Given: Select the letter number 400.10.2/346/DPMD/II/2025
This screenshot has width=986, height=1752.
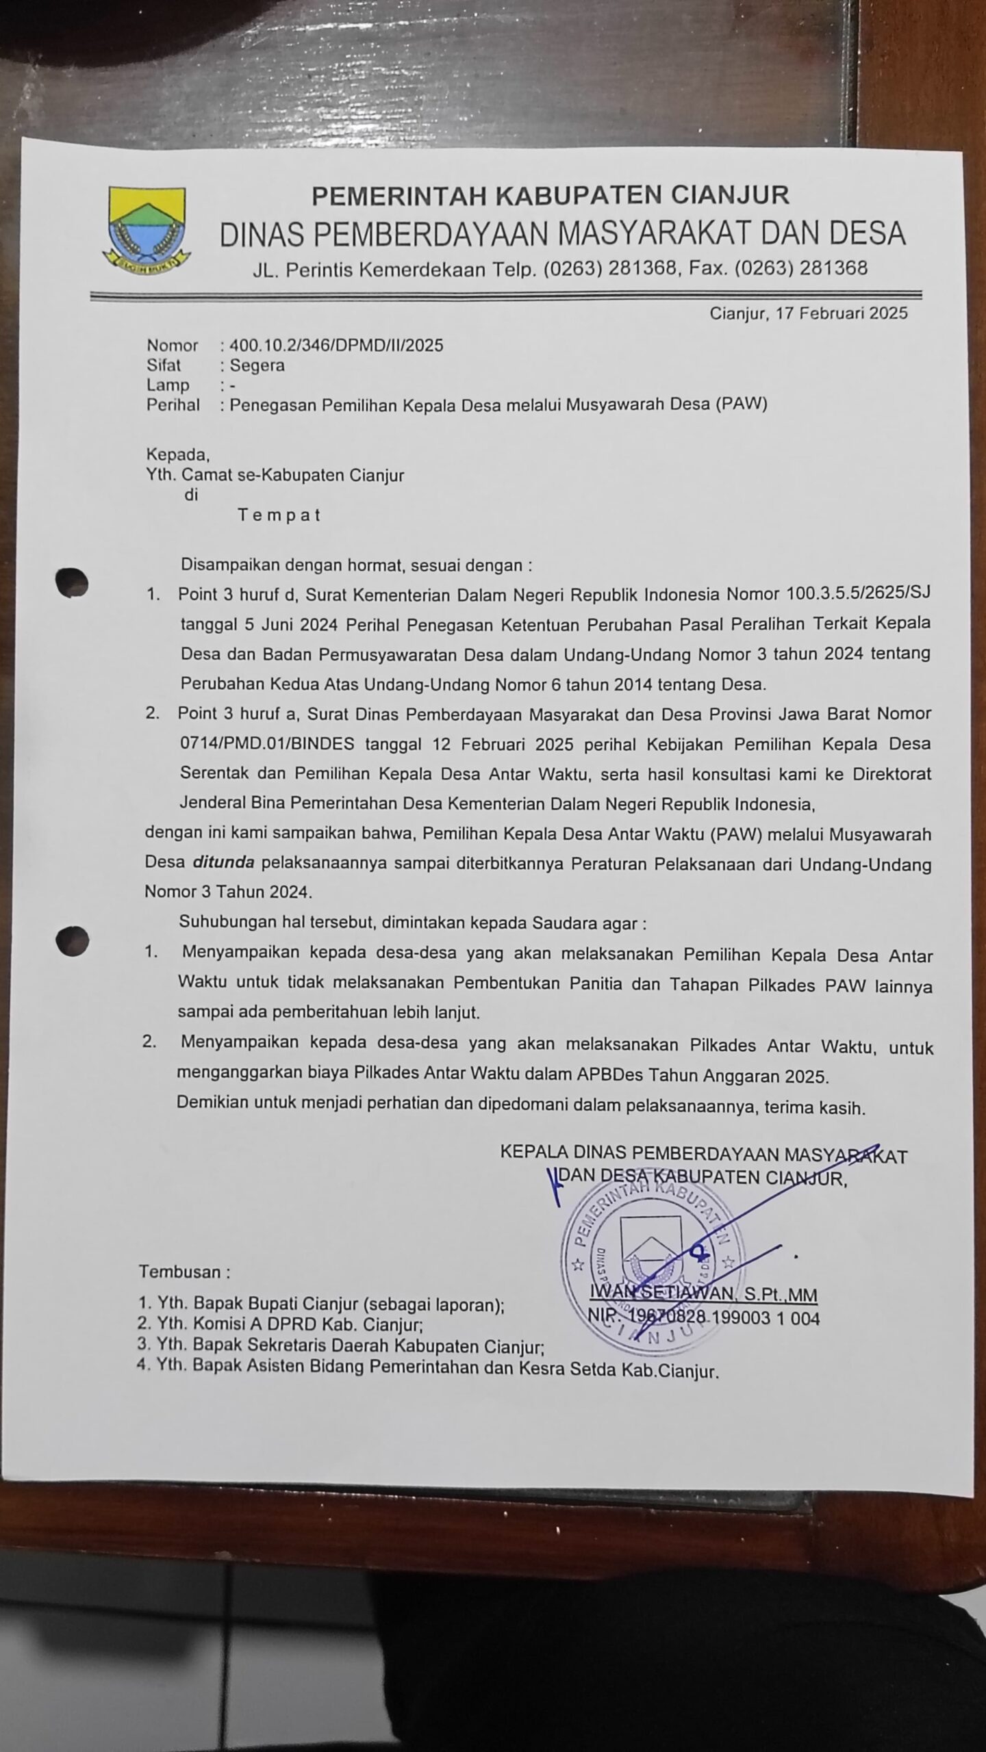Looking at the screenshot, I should point(336,345).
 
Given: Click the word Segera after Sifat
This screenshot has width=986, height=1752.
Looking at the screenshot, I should point(257,365).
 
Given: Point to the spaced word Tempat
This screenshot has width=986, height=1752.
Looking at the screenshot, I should point(279,515).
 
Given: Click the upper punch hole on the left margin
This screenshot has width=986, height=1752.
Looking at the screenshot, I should point(73,582).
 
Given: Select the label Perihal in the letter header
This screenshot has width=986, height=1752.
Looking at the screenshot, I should point(173,404).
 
